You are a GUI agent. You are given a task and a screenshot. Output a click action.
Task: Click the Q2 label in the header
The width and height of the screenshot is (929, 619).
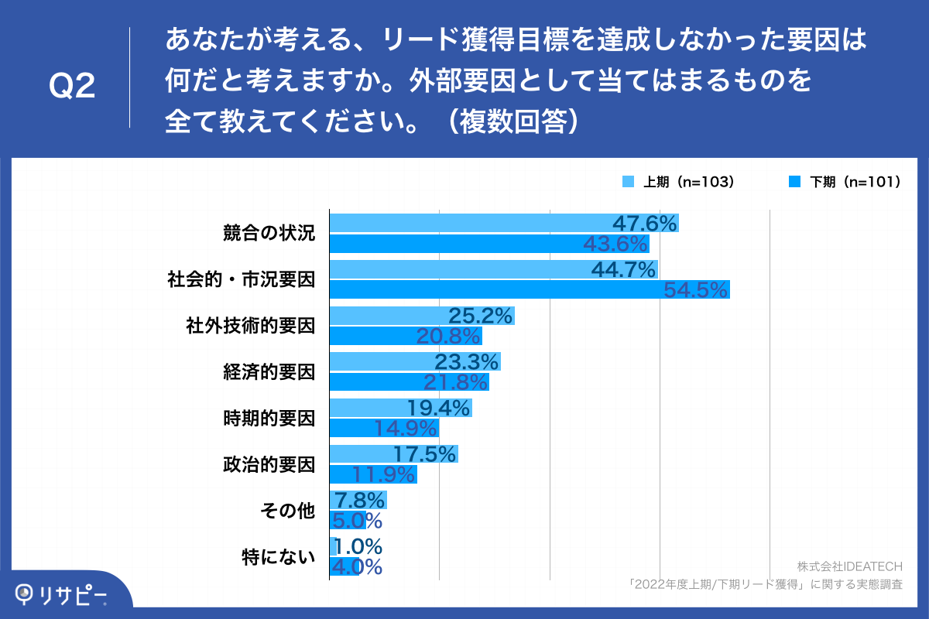pyautogui.click(x=72, y=87)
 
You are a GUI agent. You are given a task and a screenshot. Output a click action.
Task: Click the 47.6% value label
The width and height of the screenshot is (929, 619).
pyautogui.click(x=645, y=224)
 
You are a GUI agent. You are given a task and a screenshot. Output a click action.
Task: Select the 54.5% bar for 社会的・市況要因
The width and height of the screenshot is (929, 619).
pyautogui.click(x=530, y=289)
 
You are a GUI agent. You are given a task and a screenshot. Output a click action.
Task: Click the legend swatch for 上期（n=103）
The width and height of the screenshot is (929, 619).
pyautogui.click(x=629, y=183)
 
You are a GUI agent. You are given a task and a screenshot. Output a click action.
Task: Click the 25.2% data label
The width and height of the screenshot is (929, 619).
pyautogui.click(x=481, y=316)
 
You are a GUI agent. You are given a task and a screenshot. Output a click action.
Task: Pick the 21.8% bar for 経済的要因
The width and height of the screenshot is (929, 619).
pyautogui.click(x=409, y=382)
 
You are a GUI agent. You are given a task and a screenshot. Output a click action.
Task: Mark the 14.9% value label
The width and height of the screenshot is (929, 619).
pyautogui.click(x=406, y=428)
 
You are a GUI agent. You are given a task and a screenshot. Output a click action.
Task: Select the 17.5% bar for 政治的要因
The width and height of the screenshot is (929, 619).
pyautogui.click(x=393, y=454)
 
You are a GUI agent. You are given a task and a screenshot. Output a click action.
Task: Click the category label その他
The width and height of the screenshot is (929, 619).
pyautogui.click(x=288, y=511)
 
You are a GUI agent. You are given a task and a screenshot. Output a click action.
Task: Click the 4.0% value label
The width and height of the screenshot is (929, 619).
pyautogui.click(x=356, y=567)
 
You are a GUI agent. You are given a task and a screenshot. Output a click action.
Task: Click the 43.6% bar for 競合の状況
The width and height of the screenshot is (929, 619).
pyautogui.click(x=489, y=244)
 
